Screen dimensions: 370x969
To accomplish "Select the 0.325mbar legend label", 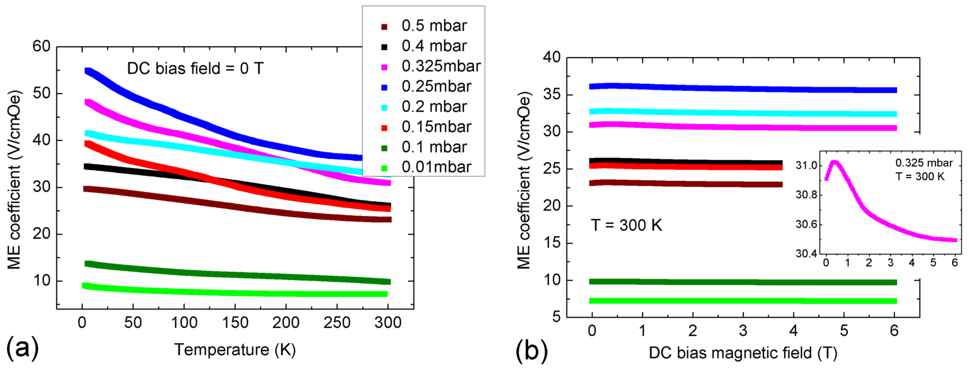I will tap(441, 66).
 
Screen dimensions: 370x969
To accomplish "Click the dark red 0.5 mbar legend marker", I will tap(384, 27).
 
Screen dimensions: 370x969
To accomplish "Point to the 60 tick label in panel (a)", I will tap(41, 46).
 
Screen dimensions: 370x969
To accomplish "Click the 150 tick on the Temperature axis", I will tap(235, 323).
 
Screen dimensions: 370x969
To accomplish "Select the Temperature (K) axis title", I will tap(235, 350).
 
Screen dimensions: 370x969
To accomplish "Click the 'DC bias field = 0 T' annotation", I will tap(195, 69).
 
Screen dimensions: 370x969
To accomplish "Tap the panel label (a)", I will tap(23, 348).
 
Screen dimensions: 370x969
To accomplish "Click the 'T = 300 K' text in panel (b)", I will tap(626, 225).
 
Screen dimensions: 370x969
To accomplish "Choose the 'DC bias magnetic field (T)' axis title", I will tap(743, 353).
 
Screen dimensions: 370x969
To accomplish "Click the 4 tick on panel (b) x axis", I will tap(793, 331).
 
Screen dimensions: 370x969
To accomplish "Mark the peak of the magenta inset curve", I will tap(834, 163).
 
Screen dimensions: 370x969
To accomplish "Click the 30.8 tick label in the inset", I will tap(806, 195).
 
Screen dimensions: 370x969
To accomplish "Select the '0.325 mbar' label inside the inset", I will tap(924, 163).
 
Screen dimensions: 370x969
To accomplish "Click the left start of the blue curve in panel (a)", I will tap(88, 71).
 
